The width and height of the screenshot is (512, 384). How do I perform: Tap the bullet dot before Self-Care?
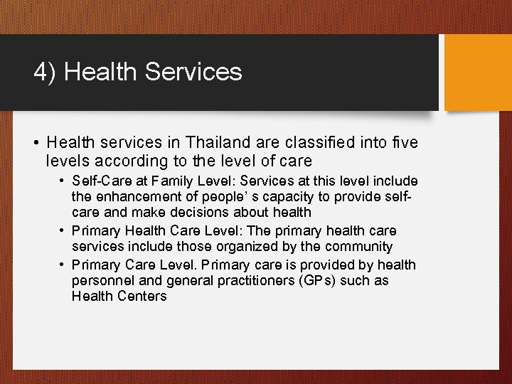pyautogui.click(x=63, y=182)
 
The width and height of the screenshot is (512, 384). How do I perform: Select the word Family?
pyautogui.click(x=175, y=182)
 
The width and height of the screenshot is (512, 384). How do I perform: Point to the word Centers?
pyautogui.click(x=144, y=296)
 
